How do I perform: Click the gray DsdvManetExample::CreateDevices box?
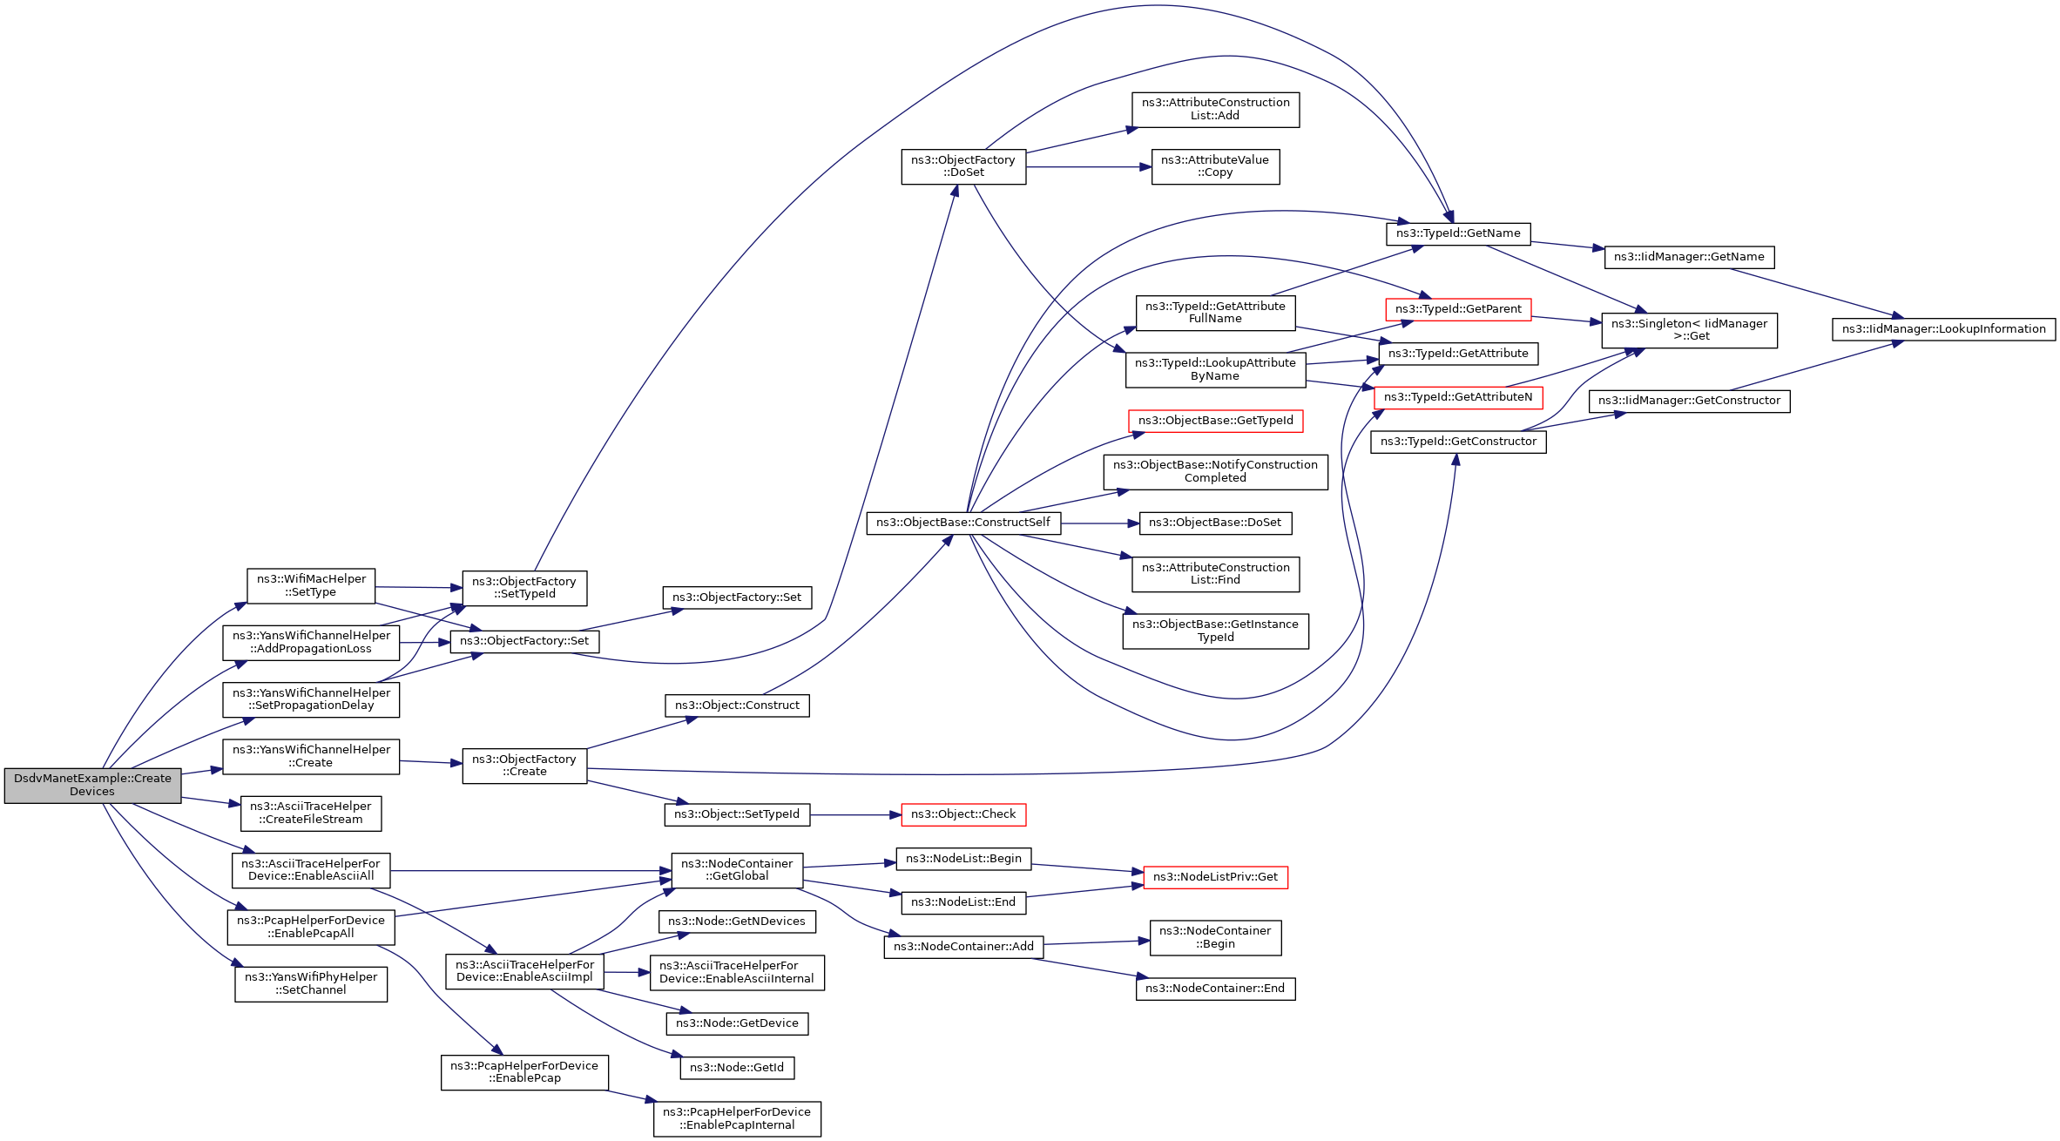point(92,785)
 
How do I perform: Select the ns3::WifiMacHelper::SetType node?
point(311,585)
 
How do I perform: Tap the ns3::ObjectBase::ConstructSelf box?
point(962,523)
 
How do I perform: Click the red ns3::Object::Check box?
point(962,814)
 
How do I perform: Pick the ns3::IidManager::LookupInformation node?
point(1943,329)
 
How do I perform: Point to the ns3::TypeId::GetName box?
point(1457,233)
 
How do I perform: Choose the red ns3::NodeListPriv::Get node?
point(1214,877)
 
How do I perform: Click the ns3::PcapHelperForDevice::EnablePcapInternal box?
point(736,1118)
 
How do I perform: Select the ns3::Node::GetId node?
point(736,1068)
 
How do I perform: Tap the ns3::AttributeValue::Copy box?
point(1214,166)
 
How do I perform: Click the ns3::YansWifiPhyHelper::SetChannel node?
point(311,983)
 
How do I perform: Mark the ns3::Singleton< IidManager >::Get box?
point(1688,330)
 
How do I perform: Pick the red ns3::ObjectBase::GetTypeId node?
point(1215,421)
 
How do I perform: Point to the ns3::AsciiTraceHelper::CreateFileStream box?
point(311,813)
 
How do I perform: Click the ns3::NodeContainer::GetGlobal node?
point(736,870)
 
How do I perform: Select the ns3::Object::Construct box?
point(736,706)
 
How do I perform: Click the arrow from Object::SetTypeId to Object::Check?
point(854,815)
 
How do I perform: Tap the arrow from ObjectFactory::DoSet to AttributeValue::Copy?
point(1088,167)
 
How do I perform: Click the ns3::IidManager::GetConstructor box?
point(1688,401)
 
